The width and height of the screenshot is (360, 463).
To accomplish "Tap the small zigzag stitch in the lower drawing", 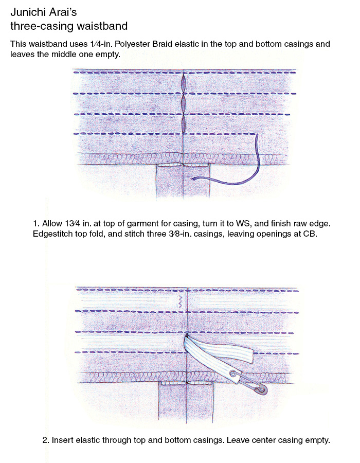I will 179,302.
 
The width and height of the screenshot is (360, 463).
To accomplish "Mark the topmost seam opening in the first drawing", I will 184,83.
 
